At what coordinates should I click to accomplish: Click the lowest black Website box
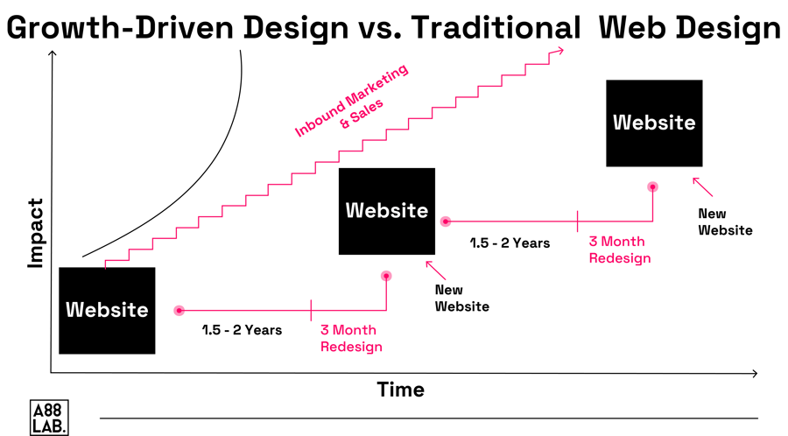107,310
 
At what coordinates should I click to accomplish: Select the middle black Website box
387,211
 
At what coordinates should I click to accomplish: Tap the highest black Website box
654,123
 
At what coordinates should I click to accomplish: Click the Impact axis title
35,232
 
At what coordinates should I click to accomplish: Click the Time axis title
400,390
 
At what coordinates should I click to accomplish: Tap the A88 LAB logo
48,416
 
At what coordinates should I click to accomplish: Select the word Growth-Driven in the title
106,28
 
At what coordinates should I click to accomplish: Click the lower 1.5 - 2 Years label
241,330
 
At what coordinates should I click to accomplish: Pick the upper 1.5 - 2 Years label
509,243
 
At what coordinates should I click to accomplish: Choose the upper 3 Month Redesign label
620,250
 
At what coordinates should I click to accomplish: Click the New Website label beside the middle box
461,298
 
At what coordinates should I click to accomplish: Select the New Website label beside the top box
725,222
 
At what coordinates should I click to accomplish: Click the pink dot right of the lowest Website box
179,310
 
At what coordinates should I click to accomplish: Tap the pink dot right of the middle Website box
445,222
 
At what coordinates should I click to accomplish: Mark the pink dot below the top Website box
652,186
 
